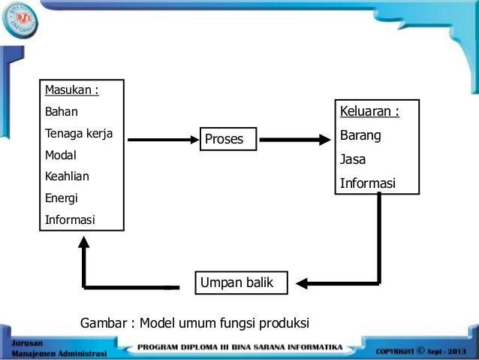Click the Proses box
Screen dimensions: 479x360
(x=228, y=138)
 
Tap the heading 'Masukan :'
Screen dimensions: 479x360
(x=72, y=91)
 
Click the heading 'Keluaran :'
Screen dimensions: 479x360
(x=369, y=112)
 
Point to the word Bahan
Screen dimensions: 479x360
(x=62, y=112)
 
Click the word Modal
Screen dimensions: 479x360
(x=62, y=156)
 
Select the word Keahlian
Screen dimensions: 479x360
(x=68, y=177)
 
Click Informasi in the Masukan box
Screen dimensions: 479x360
(x=71, y=220)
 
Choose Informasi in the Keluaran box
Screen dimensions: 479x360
(x=367, y=183)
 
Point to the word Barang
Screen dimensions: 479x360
(x=360, y=136)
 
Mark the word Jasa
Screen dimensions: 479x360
(x=353, y=159)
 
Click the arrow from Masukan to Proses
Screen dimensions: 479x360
(x=159, y=139)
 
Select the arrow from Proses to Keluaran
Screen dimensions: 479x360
(x=294, y=139)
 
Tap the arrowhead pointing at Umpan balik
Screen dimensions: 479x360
(x=302, y=283)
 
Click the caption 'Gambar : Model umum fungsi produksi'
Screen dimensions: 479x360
(x=194, y=323)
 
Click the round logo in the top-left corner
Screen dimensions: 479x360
(x=20, y=21)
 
